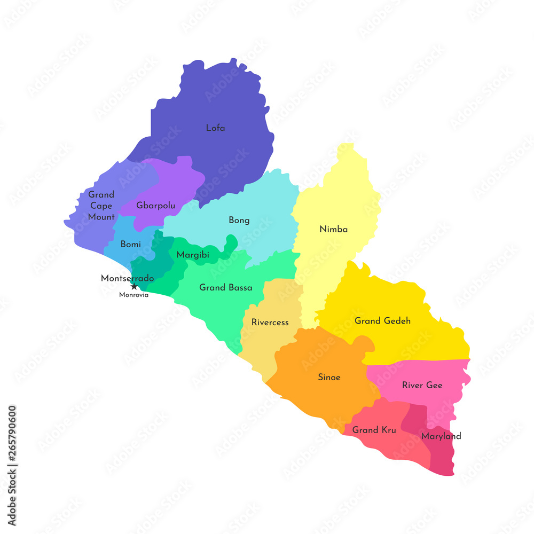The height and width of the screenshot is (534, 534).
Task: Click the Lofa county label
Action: (215, 128)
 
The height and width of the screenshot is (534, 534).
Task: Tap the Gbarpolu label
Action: (155, 205)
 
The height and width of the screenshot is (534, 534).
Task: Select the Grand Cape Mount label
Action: (101, 206)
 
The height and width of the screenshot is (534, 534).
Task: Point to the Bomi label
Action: (131, 244)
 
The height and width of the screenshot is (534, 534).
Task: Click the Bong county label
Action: (239, 220)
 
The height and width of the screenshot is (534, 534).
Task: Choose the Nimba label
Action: (333, 229)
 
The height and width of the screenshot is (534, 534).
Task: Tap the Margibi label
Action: (193, 255)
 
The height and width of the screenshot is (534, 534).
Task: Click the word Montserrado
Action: (127, 278)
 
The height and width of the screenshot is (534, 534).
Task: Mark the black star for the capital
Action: (134, 287)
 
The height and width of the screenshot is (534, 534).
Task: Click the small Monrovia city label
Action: (133, 295)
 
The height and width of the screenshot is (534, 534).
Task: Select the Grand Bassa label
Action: (225, 287)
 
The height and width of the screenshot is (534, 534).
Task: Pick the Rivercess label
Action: (270, 322)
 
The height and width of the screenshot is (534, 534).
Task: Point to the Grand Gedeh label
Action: (382, 321)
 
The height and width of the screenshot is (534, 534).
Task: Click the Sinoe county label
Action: (329, 377)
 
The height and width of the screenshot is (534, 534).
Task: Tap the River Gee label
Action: (422, 385)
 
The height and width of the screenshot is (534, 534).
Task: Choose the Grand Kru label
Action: (374, 430)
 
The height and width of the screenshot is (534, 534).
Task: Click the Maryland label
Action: (441, 436)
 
